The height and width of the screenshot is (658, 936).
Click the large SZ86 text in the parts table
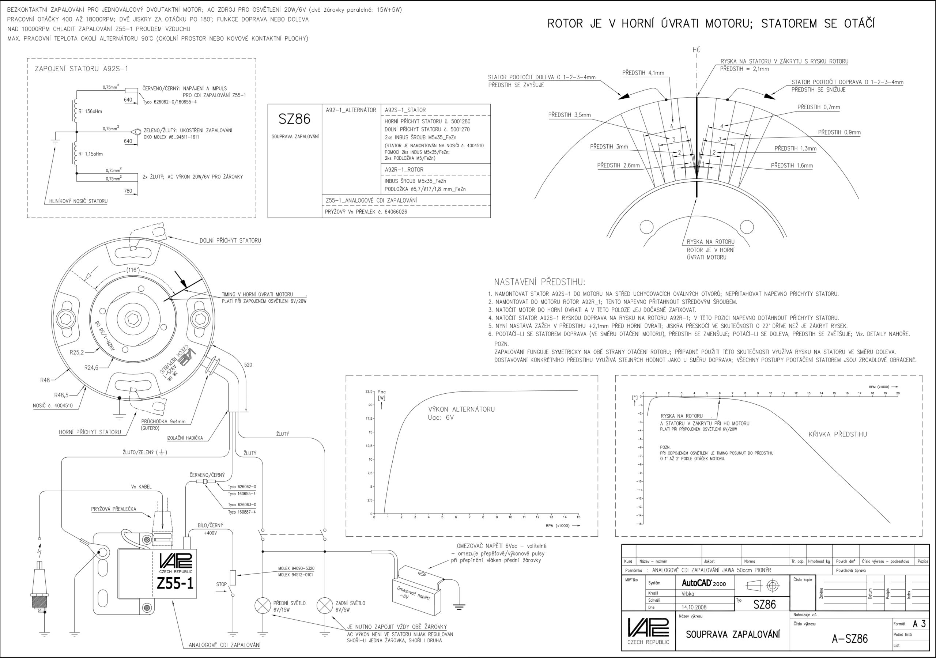tap(294, 119)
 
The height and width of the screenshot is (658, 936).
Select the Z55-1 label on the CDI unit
tap(175, 584)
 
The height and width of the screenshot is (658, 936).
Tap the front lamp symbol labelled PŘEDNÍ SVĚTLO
tap(263, 606)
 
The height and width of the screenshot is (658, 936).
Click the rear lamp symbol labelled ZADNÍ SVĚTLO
tap(325, 606)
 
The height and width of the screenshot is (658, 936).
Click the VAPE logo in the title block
tap(648, 627)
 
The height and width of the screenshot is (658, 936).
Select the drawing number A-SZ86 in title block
tap(850, 638)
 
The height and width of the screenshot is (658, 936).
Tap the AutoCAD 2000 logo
tap(703, 583)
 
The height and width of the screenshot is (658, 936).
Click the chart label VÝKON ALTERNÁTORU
tap(461, 409)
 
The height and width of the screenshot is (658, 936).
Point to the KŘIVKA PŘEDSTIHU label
tap(838, 434)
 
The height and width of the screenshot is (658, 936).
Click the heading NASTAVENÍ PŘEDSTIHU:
tap(539, 282)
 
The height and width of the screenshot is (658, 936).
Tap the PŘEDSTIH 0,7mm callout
tap(819, 107)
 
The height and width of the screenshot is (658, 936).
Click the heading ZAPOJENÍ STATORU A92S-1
tap(82, 68)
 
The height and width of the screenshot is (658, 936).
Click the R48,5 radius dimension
tap(61, 395)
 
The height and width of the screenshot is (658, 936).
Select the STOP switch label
tap(221, 584)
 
